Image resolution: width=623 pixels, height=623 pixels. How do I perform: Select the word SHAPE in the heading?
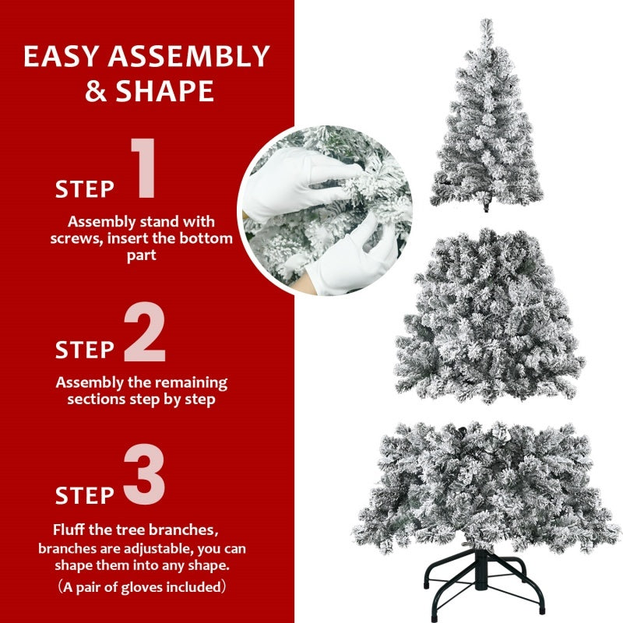click(x=164, y=91)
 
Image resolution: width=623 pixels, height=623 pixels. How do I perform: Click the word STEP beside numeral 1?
click(x=85, y=189)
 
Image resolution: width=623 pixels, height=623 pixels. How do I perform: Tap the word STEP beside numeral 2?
click(x=85, y=350)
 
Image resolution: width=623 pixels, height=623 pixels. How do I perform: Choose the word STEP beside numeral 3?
click(x=85, y=495)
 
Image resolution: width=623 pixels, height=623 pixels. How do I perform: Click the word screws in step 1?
click(x=76, y=238)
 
